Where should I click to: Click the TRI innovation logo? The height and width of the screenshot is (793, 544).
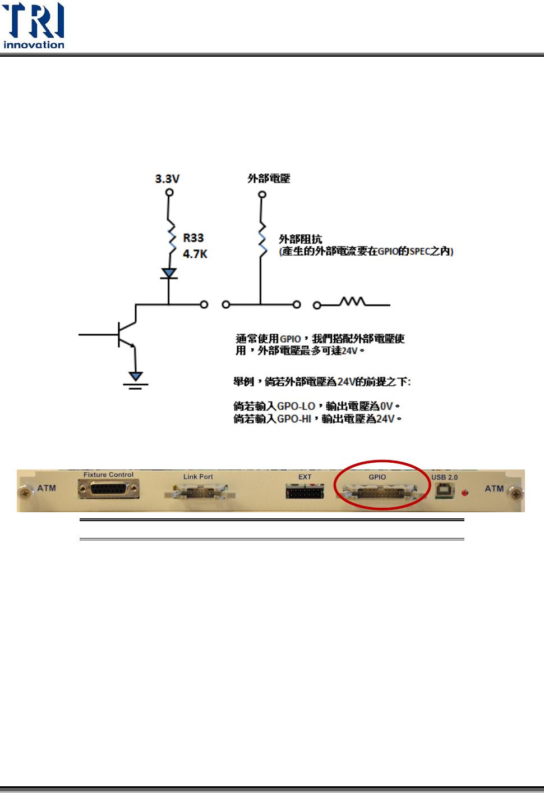[x=34, y=25]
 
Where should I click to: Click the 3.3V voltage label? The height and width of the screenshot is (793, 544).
[x=167, y=179]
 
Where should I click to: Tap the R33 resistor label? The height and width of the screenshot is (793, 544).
[x=193, y=238]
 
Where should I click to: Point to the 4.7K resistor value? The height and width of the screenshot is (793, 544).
[x=195, y=254]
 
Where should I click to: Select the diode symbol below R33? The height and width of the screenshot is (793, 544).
[x=169, y=274]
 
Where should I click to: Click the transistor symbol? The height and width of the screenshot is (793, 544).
[x=127, y=334]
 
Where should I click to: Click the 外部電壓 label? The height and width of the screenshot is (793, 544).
[x=269, y=179]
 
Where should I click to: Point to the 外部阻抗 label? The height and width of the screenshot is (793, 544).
[x=301, y=239]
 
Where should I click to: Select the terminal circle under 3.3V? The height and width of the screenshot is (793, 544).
[x=169, y=193]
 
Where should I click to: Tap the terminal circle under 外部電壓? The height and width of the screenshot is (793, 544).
[x=262, y=195]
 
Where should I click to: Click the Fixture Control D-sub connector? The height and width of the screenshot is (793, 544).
[x=109, y=490]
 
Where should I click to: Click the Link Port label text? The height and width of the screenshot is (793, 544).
[x=198, y=477]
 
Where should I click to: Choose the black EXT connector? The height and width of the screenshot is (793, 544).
[x=305, y=493]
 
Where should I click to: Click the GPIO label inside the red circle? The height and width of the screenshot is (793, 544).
[x=377, y=477]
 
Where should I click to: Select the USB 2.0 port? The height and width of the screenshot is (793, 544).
[x=444, y=491]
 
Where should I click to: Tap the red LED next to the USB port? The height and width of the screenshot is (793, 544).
[x=464, y=493]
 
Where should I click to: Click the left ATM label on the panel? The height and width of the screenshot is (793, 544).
[x=47, y=488]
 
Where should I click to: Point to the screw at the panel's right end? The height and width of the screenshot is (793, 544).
[x=516, y=494]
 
